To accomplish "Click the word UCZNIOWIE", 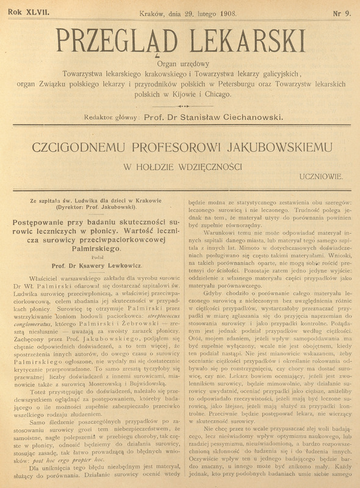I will point(322,176).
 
